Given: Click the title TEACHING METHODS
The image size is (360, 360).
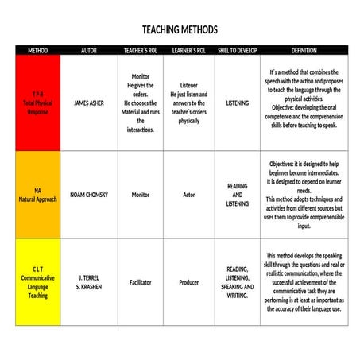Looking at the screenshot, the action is pyautogui.click(x=180, y=29).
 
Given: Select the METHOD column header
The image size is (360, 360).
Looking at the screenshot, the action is pyautogui.click(x=37, y=50).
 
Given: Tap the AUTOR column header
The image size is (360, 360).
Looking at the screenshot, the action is pyautogui.click(x=89, y=50).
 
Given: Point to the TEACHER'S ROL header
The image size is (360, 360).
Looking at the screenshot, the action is pyautogui.click(x=141, y=50).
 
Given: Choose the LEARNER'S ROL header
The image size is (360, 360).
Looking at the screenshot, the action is pyautogui.click(x=189, y=50).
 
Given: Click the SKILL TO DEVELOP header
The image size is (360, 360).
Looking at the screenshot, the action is pyautogui.click(x=238, y=50).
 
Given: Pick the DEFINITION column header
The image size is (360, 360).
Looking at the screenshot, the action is pyautogui.click(x=304, y=50).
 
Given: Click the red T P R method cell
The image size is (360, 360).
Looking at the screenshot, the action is pyautogui.click(x=37, y=103).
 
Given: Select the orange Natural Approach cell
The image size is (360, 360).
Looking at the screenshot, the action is pyautogui.click(x=37, y=195).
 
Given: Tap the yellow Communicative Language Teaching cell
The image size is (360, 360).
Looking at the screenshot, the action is pyautogui.click(x=37, y=282).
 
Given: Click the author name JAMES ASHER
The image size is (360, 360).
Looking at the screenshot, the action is pyautogui.click(x=89, y=103).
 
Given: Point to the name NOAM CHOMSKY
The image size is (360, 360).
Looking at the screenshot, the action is pyautogui.click(x=89, y=195).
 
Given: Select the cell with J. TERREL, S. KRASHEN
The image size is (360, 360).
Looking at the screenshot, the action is pyautogui.click(x=89, y=282).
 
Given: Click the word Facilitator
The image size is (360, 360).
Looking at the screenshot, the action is pyautogui.click(x=141, y=282).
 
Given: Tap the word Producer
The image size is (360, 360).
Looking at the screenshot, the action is pyautogui.click(x=189, y=282).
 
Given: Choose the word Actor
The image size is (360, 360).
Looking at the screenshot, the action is pyautogui.click(x=189, y=195).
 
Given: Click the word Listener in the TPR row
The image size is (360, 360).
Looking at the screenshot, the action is pyautogui.click(x=189, y=85).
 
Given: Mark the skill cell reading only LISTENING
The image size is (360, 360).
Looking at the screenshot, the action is pyautogui.click(x=238, y=103).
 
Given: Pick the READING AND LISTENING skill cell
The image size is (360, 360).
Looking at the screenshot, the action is pyautogui.click(x=238, y=195).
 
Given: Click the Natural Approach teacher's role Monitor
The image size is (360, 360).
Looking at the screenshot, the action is pyautogui.click(x=141, y=195).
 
